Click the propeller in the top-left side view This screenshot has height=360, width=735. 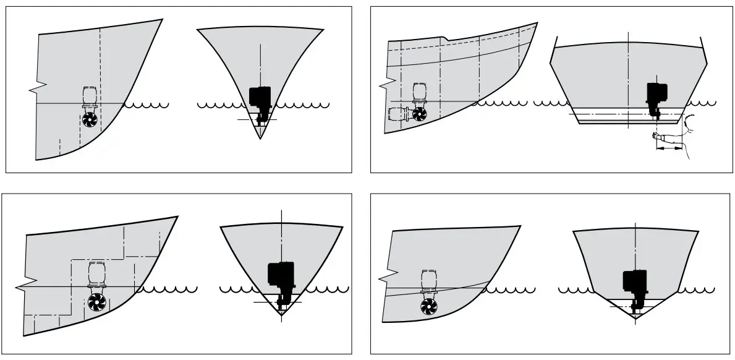pyautogui.click(x=90, y=119)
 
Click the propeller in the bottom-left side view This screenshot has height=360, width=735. pyautogui.click(x=96, y=303)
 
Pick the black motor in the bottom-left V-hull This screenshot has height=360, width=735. pyautogui.click(x=280, y=275)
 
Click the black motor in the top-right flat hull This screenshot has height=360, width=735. pyautogui.click(x=654, y=93)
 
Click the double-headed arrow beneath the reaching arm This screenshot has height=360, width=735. pyautogui.click(x=669, y=149)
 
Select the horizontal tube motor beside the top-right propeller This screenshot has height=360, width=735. pyautogui.click(x=398, y=114)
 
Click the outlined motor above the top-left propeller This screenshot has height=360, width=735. pyautogui.click(x=90, y=97)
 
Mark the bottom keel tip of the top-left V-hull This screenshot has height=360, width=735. pyautogui.click(x=260, y=137)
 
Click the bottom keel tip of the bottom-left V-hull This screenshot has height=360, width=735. pyautogui.click(x=282, y=315)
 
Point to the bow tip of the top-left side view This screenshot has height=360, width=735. pyautogui.click(x=163, y=19)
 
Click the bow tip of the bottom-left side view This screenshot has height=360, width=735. pyautogui.click(x=178, y=216)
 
